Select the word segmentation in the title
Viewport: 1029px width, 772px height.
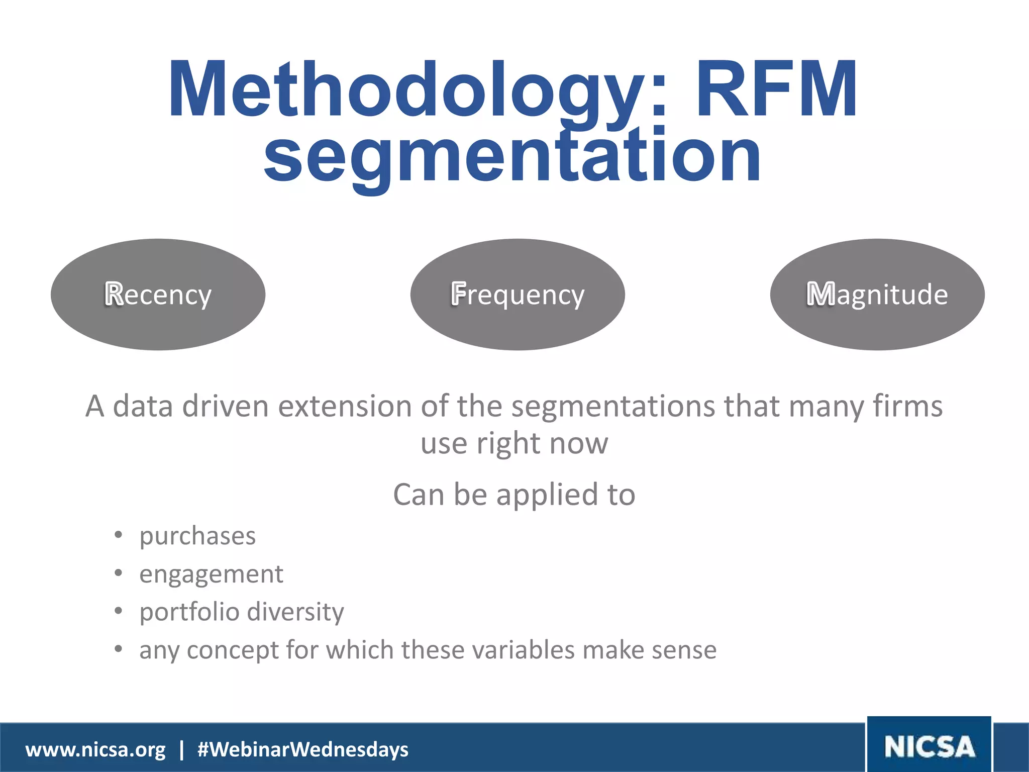click(512, 156)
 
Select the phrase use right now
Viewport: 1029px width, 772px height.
click(514, 444)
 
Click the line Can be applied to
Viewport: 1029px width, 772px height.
click(514, 495)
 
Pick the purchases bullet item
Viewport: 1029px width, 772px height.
click(197, 536)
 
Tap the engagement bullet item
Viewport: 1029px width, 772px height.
click(211, 574)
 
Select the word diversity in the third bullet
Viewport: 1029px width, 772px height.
click(295, 612)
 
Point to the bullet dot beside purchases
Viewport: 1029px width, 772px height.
click(118, 535)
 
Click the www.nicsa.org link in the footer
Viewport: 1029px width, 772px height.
click(95, 749)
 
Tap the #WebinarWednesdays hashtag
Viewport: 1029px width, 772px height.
click(303, 749)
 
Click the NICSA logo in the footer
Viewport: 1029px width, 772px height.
click(929, 746)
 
